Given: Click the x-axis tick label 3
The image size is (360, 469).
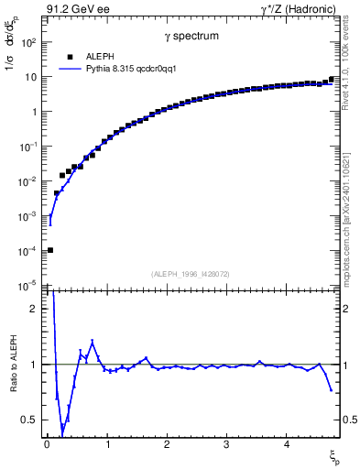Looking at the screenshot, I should pyautogui.click(x=226, y=444).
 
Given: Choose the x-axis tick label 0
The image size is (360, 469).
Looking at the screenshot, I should pyautogui.click(x=47, y=444).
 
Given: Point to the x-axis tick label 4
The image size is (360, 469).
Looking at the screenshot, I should pyautogui.click(x=287, y=444).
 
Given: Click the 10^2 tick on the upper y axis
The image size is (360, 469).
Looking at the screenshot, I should pyautogui.click(x=29, y=42).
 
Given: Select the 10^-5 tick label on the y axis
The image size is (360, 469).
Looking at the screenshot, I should pyautogui.click(x=27, y=285).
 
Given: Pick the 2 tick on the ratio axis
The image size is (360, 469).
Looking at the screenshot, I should pyautogui.click(x=35, y=309).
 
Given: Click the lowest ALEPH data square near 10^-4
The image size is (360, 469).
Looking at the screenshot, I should pyautogui.click(x=50, y=250).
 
